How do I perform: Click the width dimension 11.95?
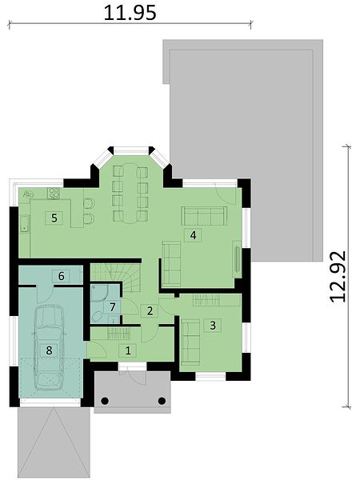click(130, 13)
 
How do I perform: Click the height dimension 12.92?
click(338, 277)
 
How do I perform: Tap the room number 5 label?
click(54, 218)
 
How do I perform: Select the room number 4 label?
click(193, 235)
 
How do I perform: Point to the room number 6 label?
click(61, 276)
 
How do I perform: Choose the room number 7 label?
click(112, 307)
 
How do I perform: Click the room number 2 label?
click(150, 311)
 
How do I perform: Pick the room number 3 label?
click(213, 326)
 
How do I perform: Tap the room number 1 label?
click(128, 350)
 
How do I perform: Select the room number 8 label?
click(49, 350)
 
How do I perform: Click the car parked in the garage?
click(49, 347)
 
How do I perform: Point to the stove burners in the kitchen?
click(54, 194)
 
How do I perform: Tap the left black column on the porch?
click(105, 401)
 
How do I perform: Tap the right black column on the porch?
click(162, 401)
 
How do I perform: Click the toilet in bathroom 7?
click(97, 317)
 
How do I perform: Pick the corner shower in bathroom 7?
click(98, 294)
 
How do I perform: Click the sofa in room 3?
click(190, 342)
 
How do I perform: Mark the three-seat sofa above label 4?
click(204, 216)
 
